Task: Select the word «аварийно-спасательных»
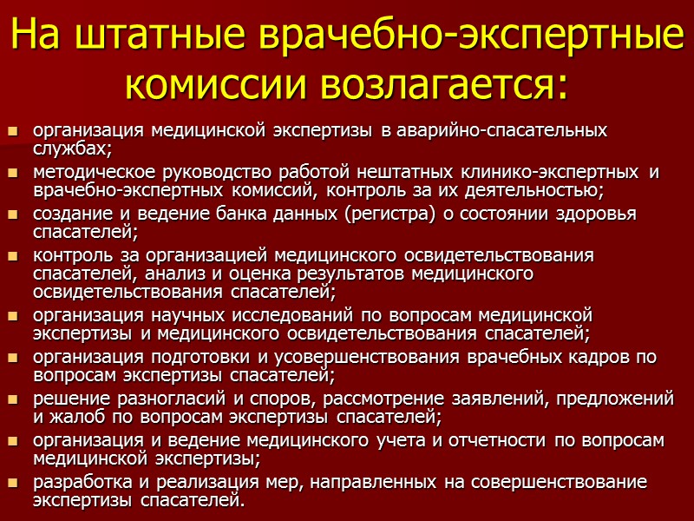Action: (501, 131)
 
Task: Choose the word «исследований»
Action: (285, 313)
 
